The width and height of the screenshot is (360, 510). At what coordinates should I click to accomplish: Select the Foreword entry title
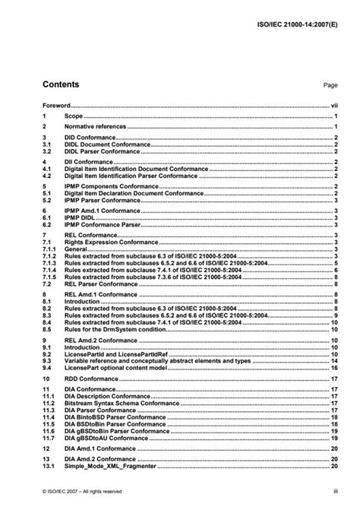(x=56, y=106)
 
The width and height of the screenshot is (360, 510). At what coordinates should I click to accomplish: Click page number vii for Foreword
(x=333, y=106)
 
